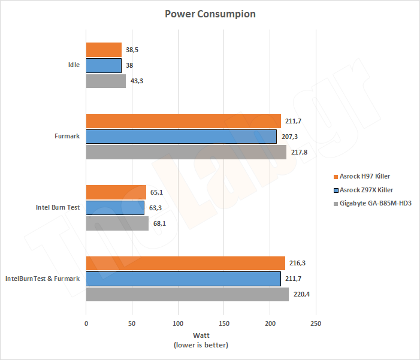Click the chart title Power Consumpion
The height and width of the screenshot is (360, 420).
[210, 14]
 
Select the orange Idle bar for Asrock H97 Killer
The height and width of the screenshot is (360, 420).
[104, 50]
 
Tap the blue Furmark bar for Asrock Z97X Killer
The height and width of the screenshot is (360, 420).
[182, 137]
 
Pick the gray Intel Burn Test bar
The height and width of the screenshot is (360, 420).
[117, 223]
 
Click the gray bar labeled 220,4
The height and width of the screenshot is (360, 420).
[188, 294]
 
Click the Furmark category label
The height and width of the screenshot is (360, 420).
[67, 137]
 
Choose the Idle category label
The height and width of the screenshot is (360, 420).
[74, 65]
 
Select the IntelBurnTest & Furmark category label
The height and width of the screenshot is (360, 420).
[42, 279]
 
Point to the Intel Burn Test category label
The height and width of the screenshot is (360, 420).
[59, 208]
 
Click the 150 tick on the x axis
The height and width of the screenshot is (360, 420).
[223, 323]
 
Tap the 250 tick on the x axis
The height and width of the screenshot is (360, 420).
[316, 323]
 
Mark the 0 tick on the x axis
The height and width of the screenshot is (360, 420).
[86, 323]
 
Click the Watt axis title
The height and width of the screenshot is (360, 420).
[201, 335]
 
